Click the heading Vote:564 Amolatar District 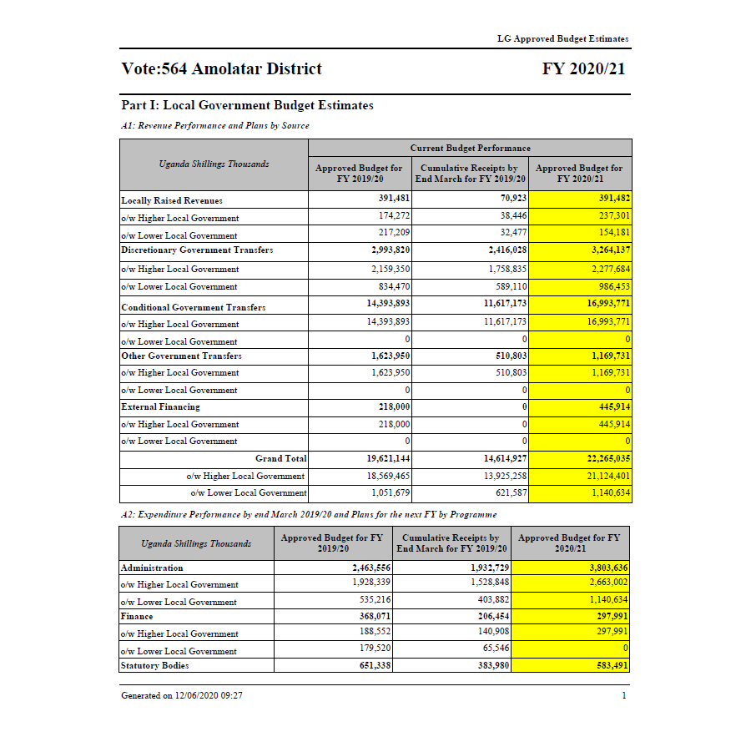pos(221,69)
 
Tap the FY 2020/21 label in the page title pos(583,69)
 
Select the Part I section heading pos(247,106)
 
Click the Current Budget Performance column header pos(470,148)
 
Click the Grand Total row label pos(281,459)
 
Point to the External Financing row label pos(160,407)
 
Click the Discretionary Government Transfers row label pos(197,250)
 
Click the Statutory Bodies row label pos(155,666)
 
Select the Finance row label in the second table pos(137,617)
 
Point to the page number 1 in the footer pos(623,695)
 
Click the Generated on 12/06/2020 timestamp pos(182,695)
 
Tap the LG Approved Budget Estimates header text pos(562,38)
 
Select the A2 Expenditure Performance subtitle pos(309,514)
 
